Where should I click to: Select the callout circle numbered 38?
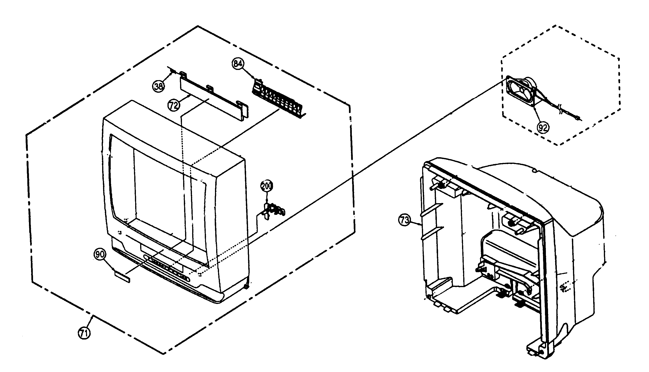[x=158, y=86]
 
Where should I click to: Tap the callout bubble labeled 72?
[x=174, y=105]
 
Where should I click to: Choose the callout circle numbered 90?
[x=100, y=254]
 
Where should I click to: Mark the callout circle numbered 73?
[x=405, y=220]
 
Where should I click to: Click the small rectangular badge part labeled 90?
[x=122, y=277]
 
